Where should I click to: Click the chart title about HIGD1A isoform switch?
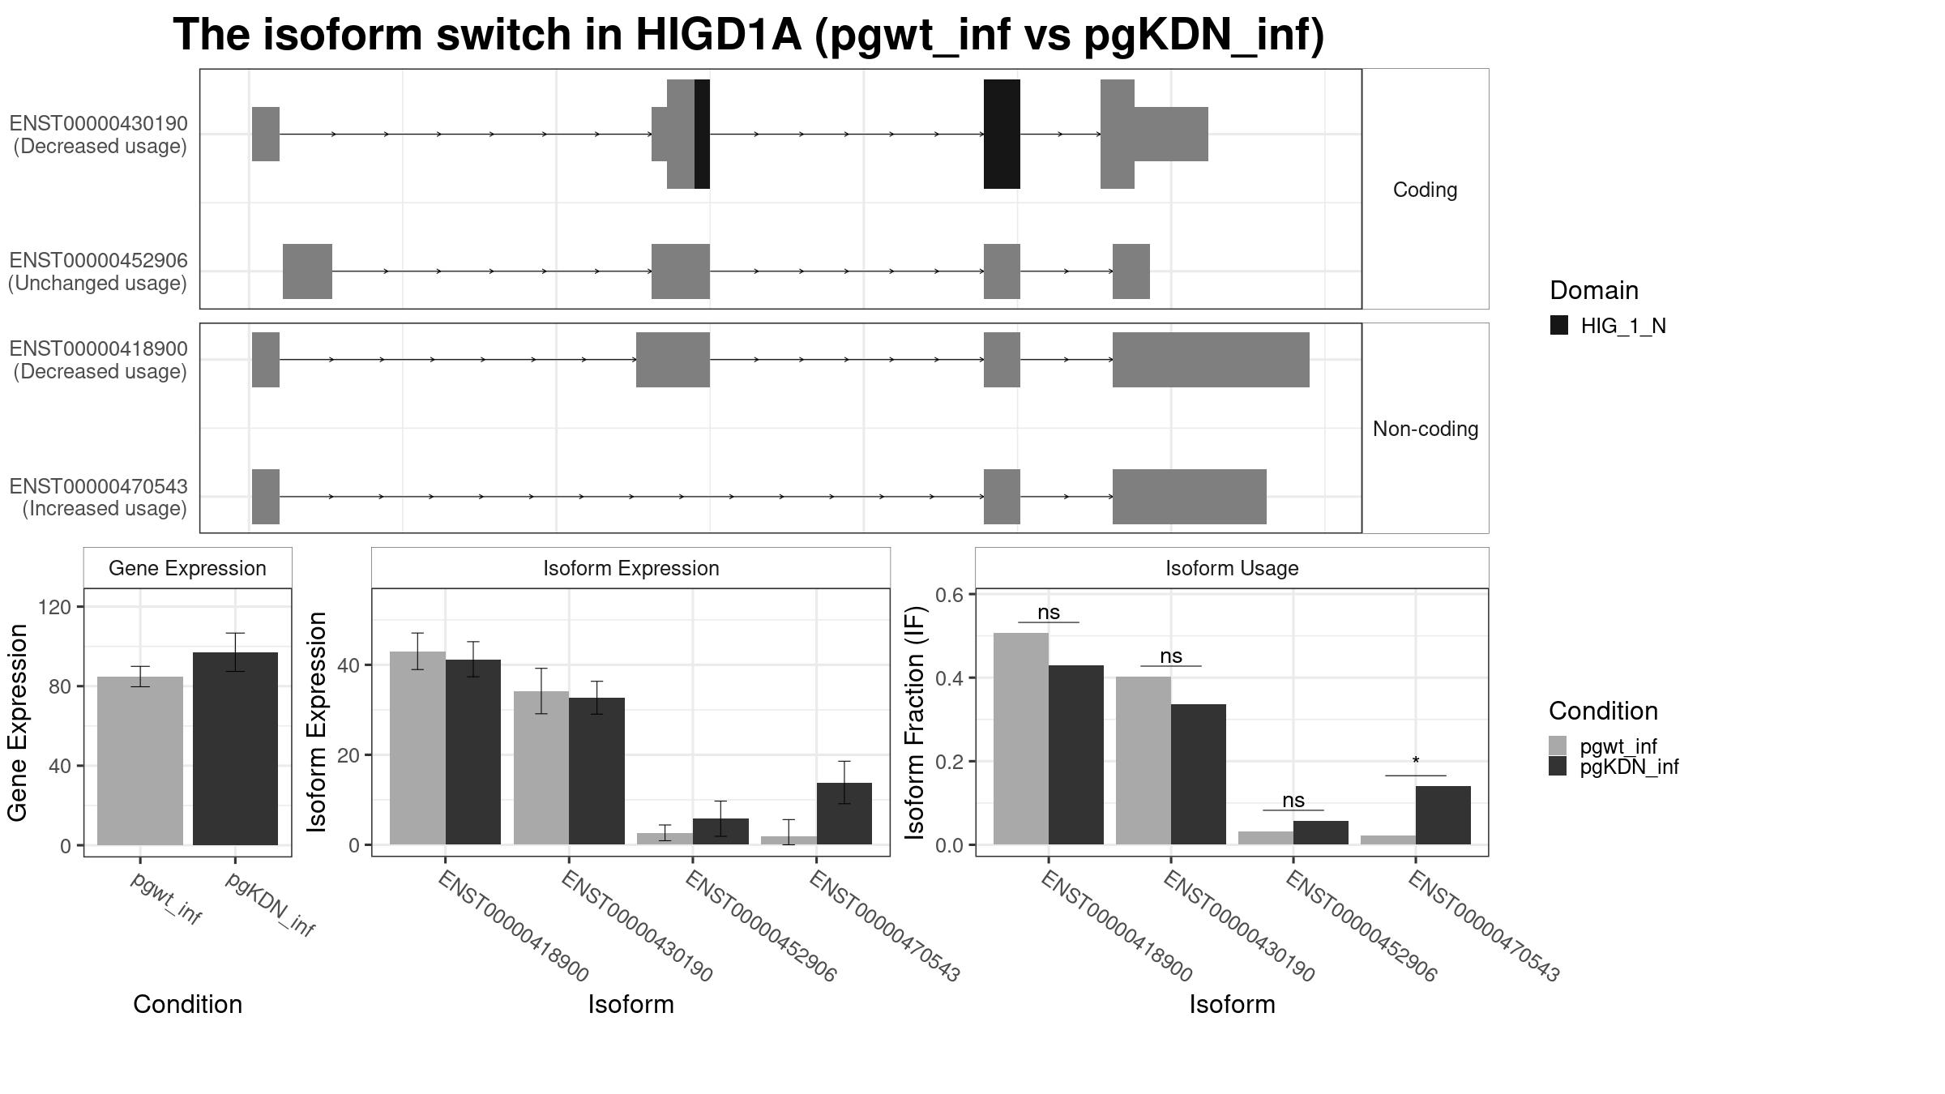coord(748,36)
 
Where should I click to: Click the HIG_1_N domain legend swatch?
coord(1558,326)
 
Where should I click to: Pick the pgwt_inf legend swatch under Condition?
coord(1558,746)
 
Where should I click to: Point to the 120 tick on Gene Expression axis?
coord(59,607)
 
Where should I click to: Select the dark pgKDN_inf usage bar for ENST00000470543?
coord(1443,814)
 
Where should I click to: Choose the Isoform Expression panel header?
coord(631,568)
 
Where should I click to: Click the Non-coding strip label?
coord(1425,429)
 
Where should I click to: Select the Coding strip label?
coord(1425,190)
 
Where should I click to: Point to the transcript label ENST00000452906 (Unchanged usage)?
coord(98,271)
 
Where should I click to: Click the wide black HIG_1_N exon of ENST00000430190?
coord(1002,134)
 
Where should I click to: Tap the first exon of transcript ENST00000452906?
coord(307,271)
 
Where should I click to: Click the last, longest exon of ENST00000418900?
coord(1210,359)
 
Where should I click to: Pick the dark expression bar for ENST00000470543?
coord(844,813)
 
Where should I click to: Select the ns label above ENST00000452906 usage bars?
coord(1293,801)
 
